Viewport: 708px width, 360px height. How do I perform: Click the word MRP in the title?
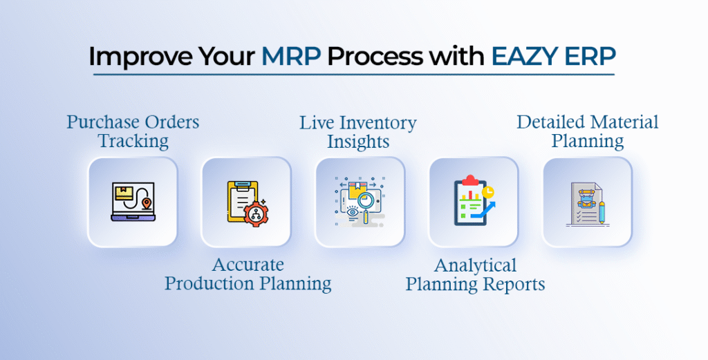pos(290,57)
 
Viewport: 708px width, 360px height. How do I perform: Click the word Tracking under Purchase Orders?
pos(133,142)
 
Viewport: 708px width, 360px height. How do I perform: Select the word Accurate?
pos(248,265)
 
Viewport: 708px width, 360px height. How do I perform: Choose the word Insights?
pos(357,142)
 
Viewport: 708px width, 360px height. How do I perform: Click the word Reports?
pos(516,284)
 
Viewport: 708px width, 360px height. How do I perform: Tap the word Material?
pos(624,123)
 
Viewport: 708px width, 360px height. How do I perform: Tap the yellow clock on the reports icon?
pos(489,191)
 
